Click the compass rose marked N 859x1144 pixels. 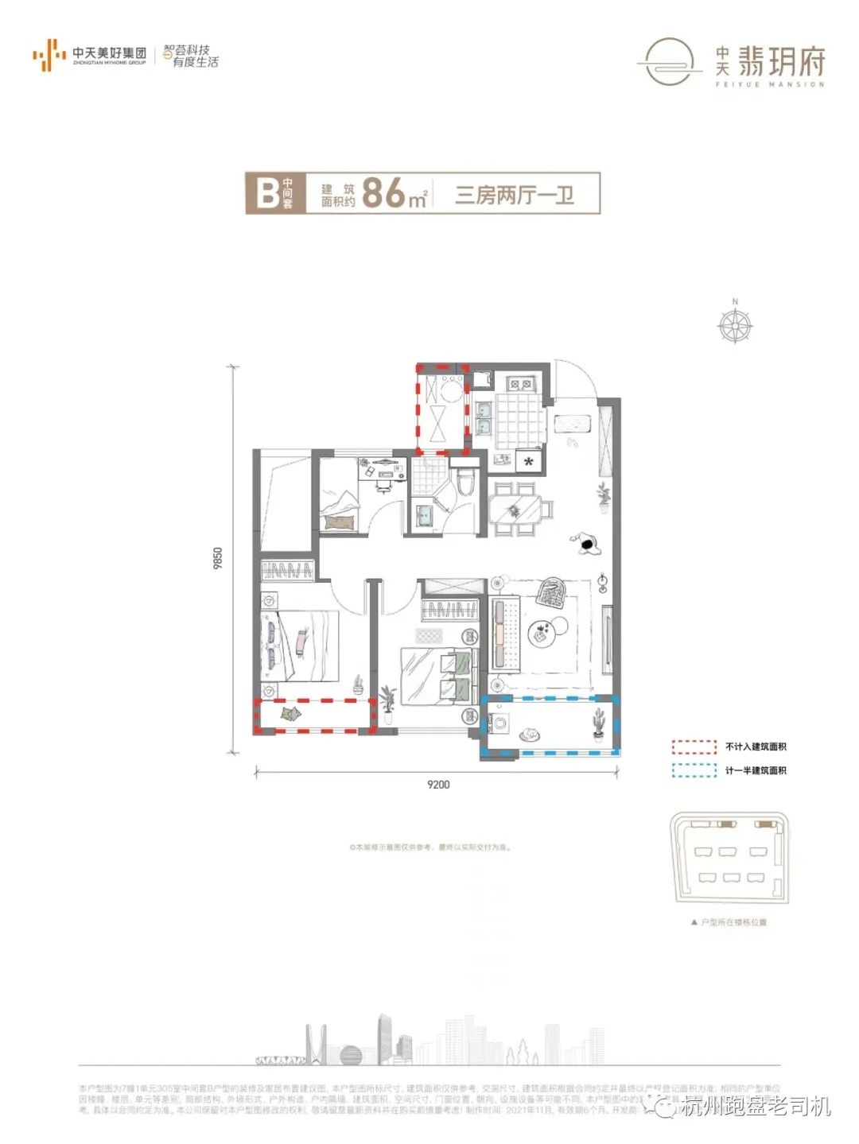[x=735, y=324]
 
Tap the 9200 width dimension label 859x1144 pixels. [x=438, y=785]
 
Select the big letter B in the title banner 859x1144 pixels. [x=266, y=193]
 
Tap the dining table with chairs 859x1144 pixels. [x=515, y=509]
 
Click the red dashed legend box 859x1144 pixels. [x=694, y=747]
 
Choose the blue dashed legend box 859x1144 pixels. [x=694, y=770]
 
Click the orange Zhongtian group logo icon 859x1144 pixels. [x=49, y=55]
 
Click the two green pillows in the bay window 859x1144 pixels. [x=290, y=714]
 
